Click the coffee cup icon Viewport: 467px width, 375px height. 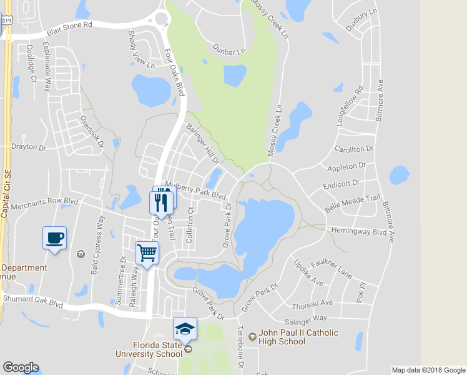[x=54, y=237]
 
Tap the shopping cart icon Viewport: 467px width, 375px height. [x=147, y=253]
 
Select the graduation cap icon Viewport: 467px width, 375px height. [x=185, y=328]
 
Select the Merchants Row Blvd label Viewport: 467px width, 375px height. [x=44, y=204]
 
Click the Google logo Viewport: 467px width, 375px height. [x=21, y=367]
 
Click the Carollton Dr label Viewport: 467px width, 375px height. [x=353, y=149]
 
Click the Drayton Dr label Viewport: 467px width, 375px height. [x=29, y=148]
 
